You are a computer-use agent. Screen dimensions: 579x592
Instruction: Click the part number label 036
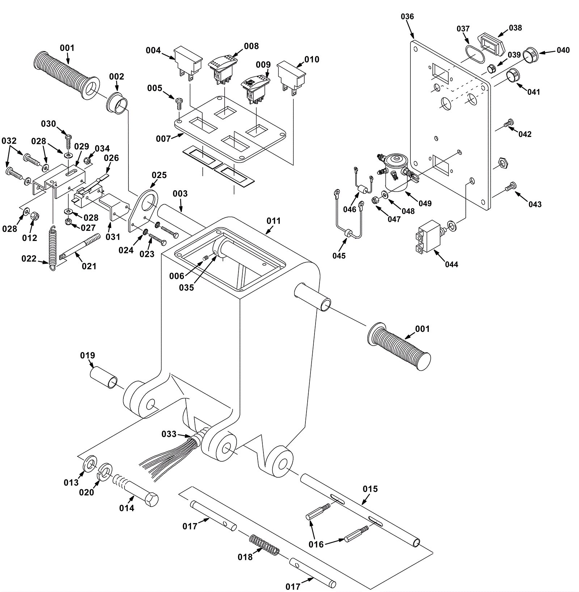click(x=407, y=16)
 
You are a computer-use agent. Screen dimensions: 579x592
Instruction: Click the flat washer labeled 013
click(x=89, y=464)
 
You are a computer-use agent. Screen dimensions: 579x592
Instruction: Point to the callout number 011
click(x=274, y=221)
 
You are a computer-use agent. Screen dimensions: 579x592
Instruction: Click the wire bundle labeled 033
click(x=170, y=456)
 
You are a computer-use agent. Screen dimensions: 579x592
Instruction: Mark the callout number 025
click(x=159, y=175)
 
